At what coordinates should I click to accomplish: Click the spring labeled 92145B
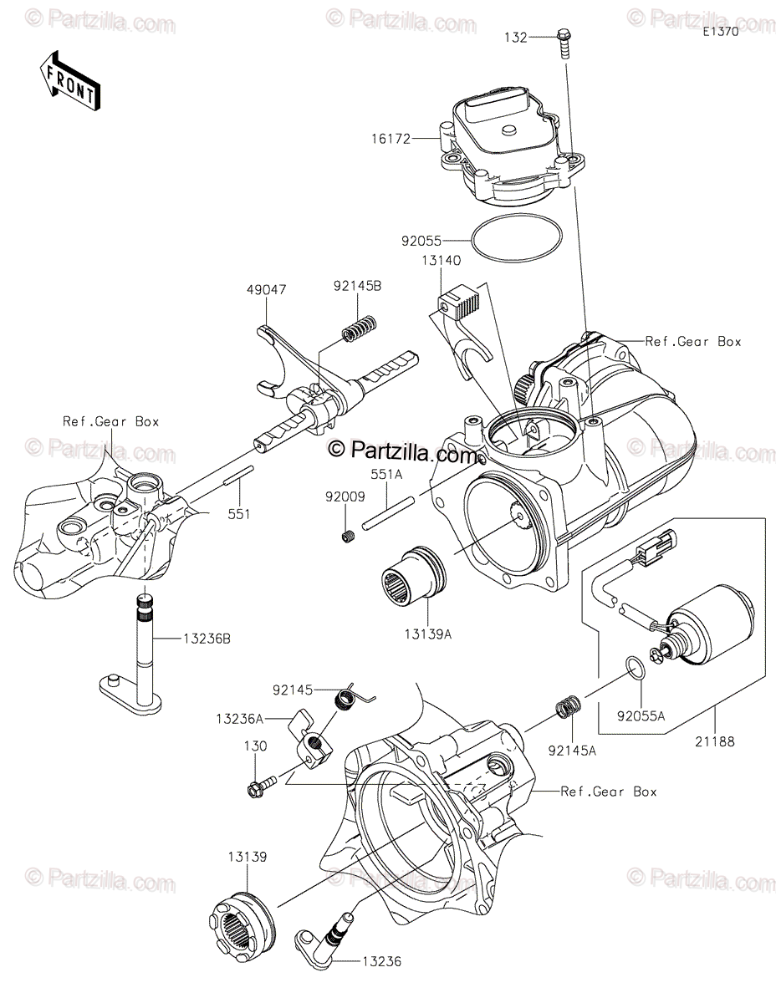point(360,328)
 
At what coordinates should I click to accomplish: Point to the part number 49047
point(267,290)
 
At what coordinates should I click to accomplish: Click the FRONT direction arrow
point(69,81)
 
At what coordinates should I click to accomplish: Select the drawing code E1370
point(721,32)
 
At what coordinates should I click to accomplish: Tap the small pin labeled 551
point(238,475)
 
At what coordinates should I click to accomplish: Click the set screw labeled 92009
point(350,536)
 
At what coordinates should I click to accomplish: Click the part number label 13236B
point(207,639)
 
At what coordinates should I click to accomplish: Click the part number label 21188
point(714,741)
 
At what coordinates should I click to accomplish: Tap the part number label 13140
point(441,261)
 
